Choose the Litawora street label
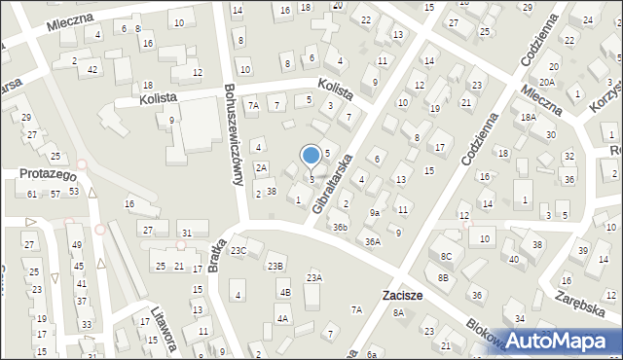coord(160,327)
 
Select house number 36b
coord(339,227)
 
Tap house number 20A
coord(548,84)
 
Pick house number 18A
coord(528,117)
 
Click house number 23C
coord(238,250)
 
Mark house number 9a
coord(374,212)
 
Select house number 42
coord(92,69)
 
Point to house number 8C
coord(446,256)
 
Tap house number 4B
coord(284,292)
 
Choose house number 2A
coord(261,167)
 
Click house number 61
coord(32,195)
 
